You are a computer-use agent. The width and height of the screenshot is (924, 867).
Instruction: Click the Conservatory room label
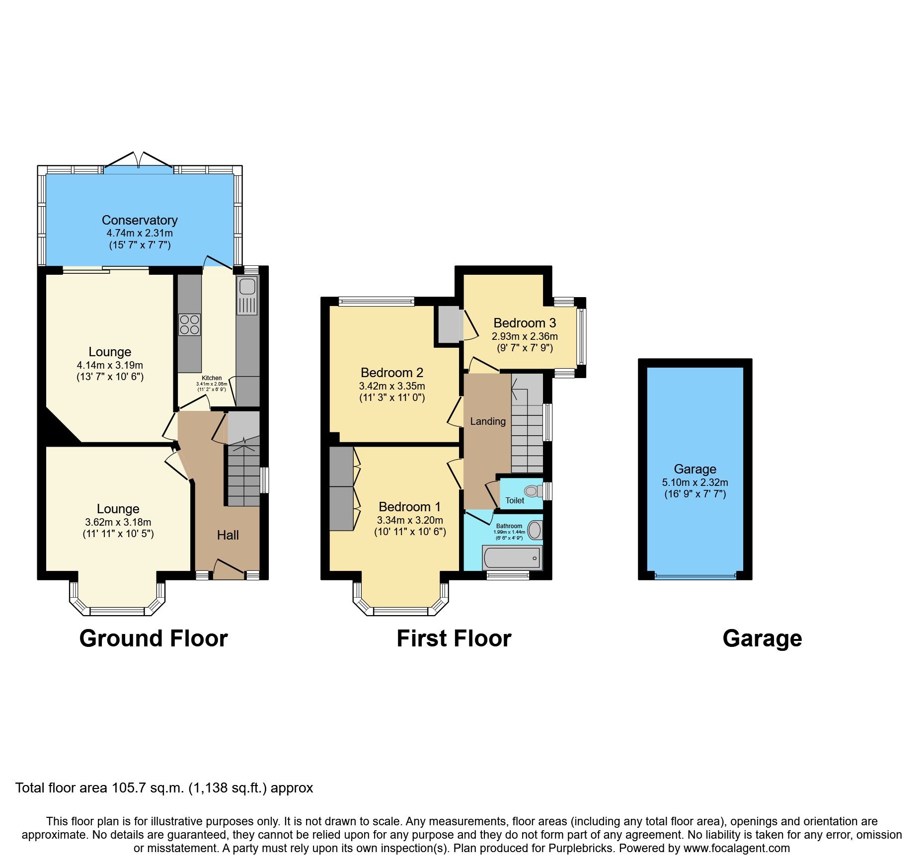(140, 220)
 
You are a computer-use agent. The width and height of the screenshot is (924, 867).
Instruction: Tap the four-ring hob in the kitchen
(189, 324)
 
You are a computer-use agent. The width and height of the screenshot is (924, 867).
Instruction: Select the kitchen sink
(247, 287)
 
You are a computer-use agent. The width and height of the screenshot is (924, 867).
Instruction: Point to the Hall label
(228, 535)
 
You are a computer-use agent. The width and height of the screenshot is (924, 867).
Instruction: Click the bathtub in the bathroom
(512, 558)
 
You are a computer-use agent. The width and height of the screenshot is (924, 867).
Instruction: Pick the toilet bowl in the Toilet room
(533, 491)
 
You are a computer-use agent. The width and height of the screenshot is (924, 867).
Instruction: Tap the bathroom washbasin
(535, 530)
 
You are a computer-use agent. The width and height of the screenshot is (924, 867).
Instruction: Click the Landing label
(488, 421)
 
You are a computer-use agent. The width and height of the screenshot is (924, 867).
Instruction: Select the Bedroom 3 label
(525, 323)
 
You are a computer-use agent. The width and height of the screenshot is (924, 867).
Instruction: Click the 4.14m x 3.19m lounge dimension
(110, 365)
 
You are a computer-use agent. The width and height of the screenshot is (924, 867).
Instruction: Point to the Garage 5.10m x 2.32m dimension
(695, 482)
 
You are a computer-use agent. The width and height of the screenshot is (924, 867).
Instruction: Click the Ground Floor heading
(154, 638)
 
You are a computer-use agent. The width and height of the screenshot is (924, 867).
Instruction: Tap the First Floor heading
(454, 638)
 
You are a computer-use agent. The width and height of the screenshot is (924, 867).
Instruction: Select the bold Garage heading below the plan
(762, 638)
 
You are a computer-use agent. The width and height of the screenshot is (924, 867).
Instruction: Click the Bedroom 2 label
(392, 373)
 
